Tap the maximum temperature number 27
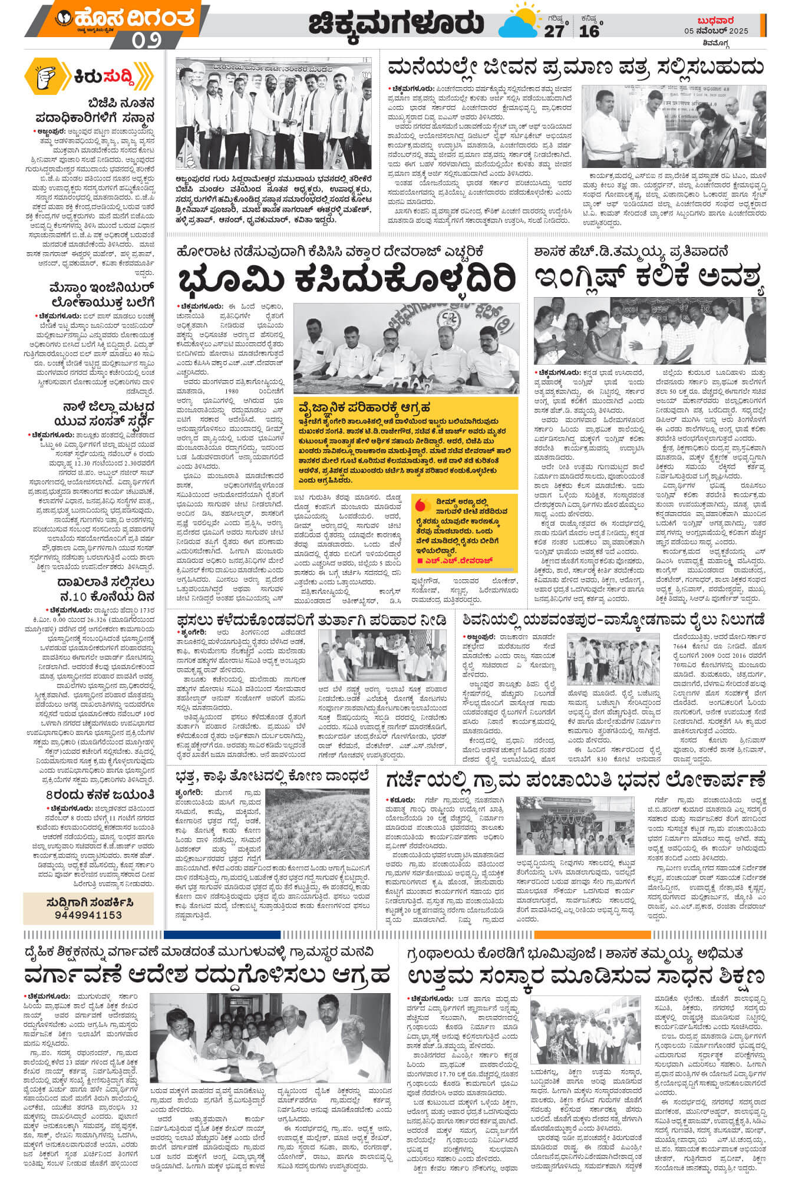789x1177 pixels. point(553,31)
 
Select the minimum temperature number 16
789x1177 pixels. point(588,31)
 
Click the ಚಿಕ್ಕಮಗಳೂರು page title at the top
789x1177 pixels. point(395,24)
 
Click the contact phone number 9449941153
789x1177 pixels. point(88,915)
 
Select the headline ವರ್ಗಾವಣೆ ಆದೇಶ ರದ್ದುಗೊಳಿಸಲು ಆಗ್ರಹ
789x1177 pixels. point(207,974)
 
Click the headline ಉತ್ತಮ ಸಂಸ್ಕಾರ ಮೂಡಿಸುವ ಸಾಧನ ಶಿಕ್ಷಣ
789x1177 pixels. point(586,974)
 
